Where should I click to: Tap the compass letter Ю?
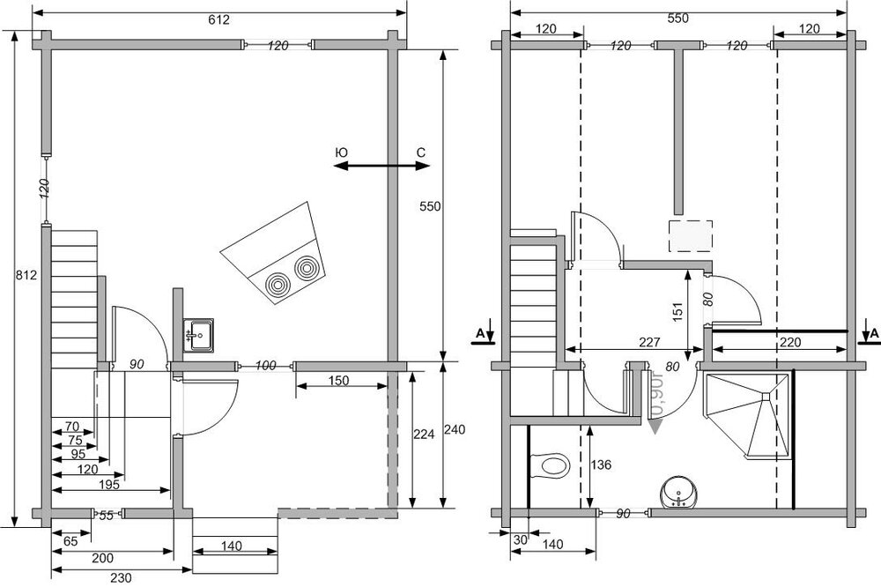click(x=342, y=153)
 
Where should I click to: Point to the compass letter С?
click(x=421, y=153)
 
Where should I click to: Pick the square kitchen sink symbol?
click(x=199, y=335)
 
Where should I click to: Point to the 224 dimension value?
click(x=424, y=434)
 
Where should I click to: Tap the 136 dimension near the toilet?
click(x=603, y=464)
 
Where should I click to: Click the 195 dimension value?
click(x=108, y=485)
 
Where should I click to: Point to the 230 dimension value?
click(x=121, y=579)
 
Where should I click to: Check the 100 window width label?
click(x=266, y=365)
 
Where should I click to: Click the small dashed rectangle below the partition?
click(x=689, y=236)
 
